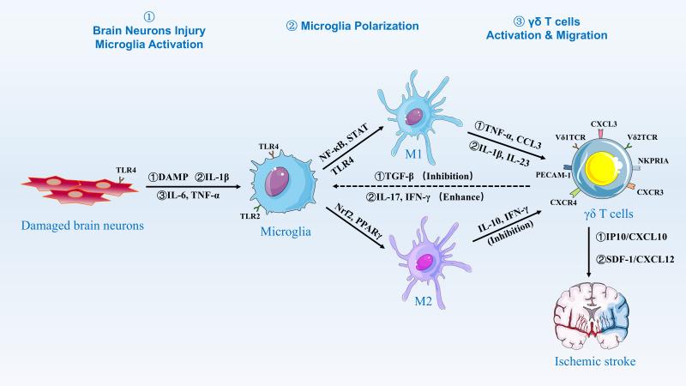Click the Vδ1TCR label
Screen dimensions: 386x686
tap(571, 136)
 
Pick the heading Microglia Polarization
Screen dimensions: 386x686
tap(352, 27)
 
